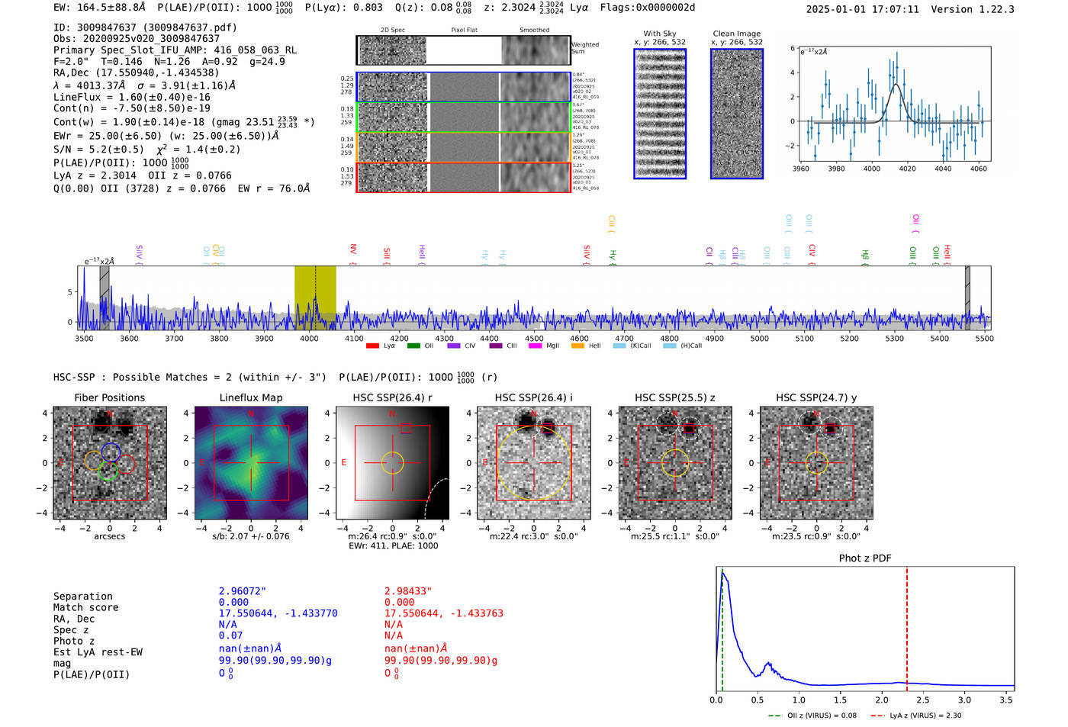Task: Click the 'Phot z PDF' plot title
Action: click(x=864, y=558)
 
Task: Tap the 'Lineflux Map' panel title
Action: click(x=250, y=397)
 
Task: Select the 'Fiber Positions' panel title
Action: click(x=109, y=397)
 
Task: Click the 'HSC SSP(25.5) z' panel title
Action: click(x=674, y=397)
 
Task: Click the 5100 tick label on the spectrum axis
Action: click(x=804, y=338)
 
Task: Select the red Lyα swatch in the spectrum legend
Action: click(x=373, y=346)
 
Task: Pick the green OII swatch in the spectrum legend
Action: click(x=413, y=346)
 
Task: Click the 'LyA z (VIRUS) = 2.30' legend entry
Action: click(x=925, y=716)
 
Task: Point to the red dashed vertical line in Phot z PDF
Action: click(x=907, y=626)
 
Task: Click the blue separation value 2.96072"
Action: click(x=242, y=591)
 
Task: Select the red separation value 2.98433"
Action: click(x=407, y=591)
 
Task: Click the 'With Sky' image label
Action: click(x=659, y=34)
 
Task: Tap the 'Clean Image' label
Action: click(x=736, y=34)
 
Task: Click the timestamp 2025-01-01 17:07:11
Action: click(x=862, y=9)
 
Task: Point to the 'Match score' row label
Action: click(x=85, y=607)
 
